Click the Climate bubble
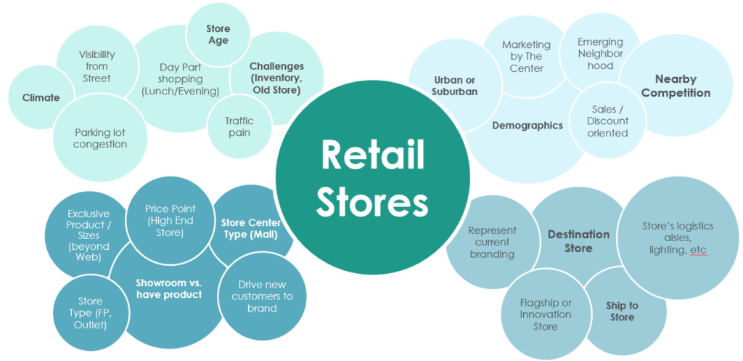(x=41, y=98)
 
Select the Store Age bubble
(x=218, y=35)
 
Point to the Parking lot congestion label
(x=100, y=138)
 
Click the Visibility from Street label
(x=97, y=66)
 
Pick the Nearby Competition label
(x=676, y=86)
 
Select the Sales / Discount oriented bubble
(x=607, y=121)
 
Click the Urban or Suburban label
(x=454, y=86)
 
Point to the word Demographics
(x=528, y=125)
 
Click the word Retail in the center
(x=372, y=154)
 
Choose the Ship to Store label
(x=622, y=311)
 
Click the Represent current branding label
(x=492, y=242)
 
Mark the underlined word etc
(x=698, y=251)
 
